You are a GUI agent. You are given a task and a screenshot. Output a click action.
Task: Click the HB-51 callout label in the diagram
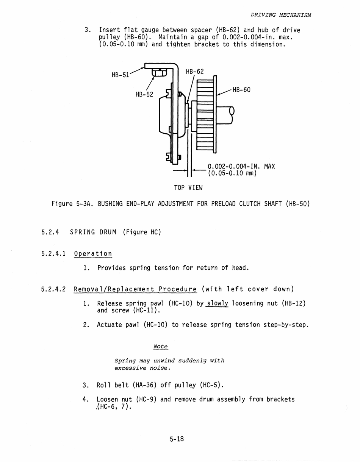pos(121,75)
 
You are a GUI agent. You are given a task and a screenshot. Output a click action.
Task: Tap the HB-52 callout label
pos(144,94)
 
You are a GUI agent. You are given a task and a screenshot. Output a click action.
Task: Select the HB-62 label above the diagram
pos(195,72)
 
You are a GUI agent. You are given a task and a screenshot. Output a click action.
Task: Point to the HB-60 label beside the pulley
pos(241,90)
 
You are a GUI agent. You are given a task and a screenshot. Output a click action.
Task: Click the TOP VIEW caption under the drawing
pos(188,187)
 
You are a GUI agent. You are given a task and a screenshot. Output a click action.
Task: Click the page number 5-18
pos(177,439)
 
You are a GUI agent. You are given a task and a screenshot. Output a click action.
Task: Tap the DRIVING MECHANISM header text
pos(281,15)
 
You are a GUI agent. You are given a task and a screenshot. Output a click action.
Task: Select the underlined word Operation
pos(93,254)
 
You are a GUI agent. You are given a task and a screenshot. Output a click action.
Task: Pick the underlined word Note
pos(160,346)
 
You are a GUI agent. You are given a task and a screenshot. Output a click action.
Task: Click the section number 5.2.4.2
pos(53,289)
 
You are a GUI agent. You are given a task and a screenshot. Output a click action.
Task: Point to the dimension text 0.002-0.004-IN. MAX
pos(241,167)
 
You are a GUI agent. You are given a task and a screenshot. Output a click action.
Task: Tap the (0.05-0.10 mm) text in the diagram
pos(232,173)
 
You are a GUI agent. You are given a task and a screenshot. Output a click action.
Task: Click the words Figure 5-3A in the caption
pos(72,204)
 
